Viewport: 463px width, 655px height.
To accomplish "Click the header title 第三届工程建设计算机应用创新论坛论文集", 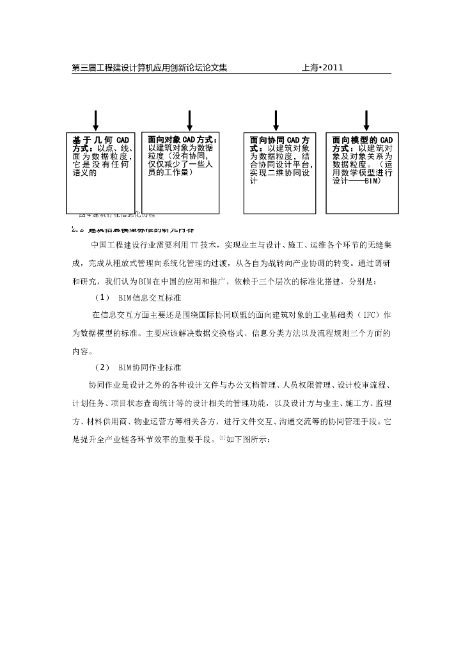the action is tap(149, 67).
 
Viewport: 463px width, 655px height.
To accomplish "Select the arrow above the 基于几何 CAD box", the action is tap(96, 120).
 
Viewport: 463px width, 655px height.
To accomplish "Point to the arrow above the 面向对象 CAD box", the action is tap(190, 120).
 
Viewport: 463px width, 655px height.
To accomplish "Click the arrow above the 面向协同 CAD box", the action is tap(276, 120).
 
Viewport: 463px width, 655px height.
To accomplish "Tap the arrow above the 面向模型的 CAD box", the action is tap(366, 120).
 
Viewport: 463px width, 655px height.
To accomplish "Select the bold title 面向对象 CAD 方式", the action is tap(182, 139).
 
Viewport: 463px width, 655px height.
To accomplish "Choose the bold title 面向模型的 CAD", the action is tap(363, 139).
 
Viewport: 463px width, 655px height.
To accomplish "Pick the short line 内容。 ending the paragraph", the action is tap(82, 351).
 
